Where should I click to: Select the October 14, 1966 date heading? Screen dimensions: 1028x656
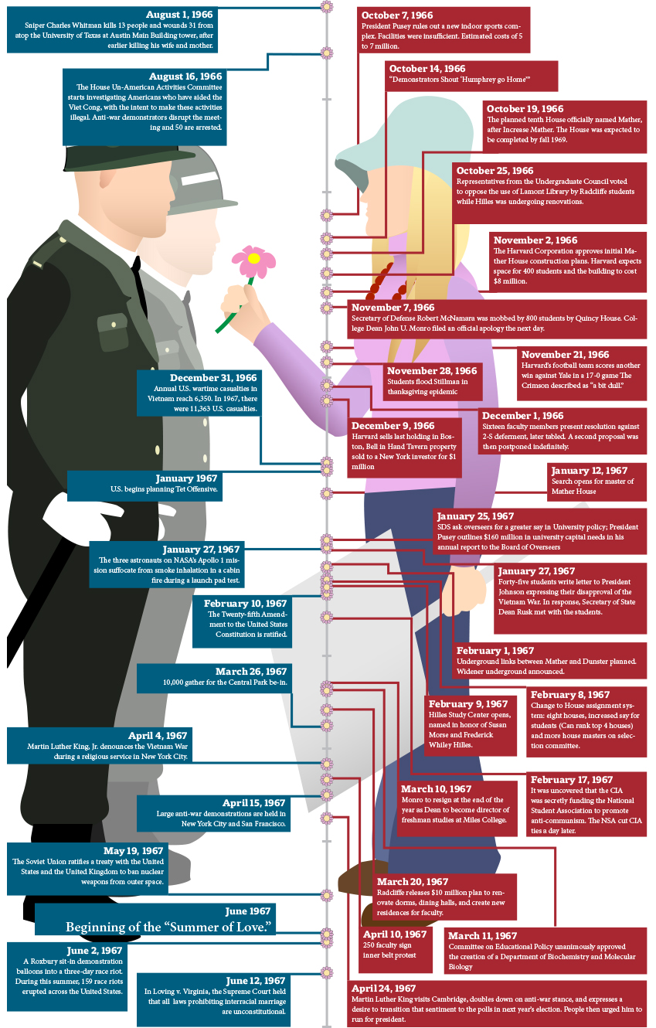[x=427, y=68]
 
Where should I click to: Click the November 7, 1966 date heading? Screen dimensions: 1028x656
[x=393, y=308]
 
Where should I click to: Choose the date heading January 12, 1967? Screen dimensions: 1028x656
[x=590, y=470]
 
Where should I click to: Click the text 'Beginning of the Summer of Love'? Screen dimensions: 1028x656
[x=170, y=927]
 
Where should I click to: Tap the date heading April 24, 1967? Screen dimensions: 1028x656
[x=384, y=988]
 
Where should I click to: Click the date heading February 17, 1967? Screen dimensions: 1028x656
[x=572, y=780]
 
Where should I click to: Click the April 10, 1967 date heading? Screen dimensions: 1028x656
[x=395, y=934]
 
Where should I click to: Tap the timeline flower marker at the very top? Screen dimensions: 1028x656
[x=327, y=7]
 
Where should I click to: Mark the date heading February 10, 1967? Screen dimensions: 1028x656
[x=246, y=603]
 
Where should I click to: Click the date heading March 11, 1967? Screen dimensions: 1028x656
[x=483, y=935]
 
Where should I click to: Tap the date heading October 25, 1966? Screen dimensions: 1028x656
[x=495, y=170]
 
